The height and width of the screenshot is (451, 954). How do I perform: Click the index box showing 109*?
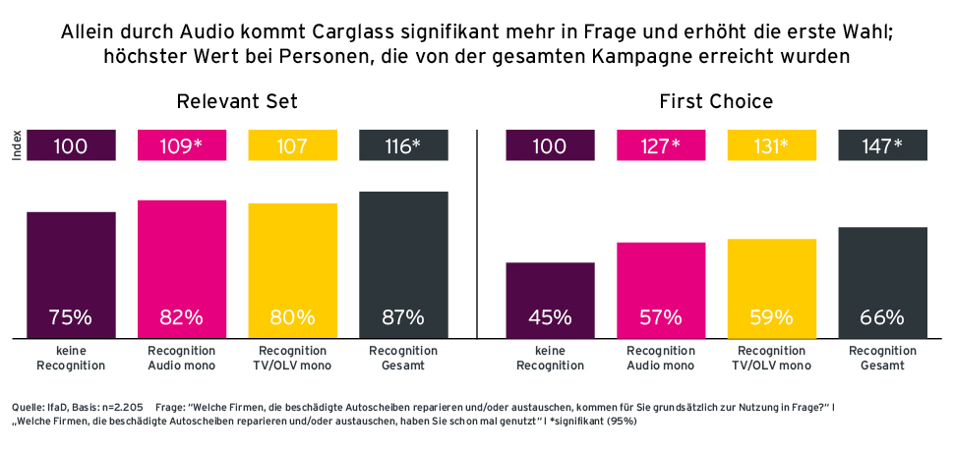pos(182,145)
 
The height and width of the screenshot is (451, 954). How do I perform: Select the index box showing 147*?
pos(882,145)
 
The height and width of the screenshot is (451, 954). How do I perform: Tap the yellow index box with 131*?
pos(771,145)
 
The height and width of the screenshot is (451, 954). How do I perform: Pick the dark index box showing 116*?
pos(403,145)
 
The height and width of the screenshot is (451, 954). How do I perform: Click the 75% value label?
pos(71,317)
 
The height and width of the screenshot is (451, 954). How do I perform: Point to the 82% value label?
pos(182,317)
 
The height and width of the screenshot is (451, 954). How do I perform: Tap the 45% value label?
pos(550,317)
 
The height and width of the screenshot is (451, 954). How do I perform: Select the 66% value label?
pos(882,317)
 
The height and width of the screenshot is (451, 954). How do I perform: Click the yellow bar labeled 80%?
pos(292,265)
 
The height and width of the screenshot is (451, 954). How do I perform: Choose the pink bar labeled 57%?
pos(661,285)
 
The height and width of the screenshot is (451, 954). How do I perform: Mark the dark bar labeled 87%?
pos(403,255)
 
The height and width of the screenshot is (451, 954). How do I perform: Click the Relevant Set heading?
pos(237,101)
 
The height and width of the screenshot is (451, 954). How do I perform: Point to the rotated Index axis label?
pos(17,145)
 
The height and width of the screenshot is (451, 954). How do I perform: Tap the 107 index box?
pos(292,145)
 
